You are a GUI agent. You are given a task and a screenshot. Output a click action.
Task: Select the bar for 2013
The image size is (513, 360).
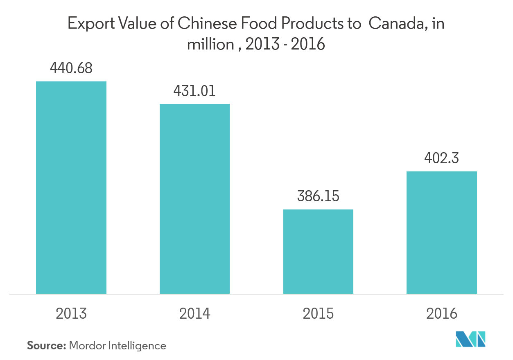(71, 187)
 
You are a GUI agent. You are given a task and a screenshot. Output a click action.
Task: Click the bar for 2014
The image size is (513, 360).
(194, 199)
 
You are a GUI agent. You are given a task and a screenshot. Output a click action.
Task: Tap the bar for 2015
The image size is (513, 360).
(318, 252)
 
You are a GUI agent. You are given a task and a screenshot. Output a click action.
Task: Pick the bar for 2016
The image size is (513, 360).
(441, 232)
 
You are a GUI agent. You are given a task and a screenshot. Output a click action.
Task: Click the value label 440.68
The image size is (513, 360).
(71, 68)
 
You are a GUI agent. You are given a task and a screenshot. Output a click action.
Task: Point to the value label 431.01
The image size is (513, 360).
(194, 91)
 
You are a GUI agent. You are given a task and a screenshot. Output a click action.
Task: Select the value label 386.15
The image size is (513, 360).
(318, 196)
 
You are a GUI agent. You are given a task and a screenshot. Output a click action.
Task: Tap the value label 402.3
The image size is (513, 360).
(441, 158)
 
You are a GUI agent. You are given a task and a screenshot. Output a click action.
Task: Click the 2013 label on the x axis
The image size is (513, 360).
(71, 313)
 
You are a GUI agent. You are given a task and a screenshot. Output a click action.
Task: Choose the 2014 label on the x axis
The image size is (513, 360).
(194, 313)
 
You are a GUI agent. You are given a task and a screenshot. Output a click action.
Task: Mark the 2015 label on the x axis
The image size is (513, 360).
(318, 313)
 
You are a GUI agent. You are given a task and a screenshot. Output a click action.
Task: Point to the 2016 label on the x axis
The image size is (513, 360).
(441, 313)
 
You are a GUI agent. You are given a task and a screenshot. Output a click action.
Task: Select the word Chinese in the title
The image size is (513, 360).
(203, 25)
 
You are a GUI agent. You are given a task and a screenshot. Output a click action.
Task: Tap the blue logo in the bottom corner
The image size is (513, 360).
(471, 339)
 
